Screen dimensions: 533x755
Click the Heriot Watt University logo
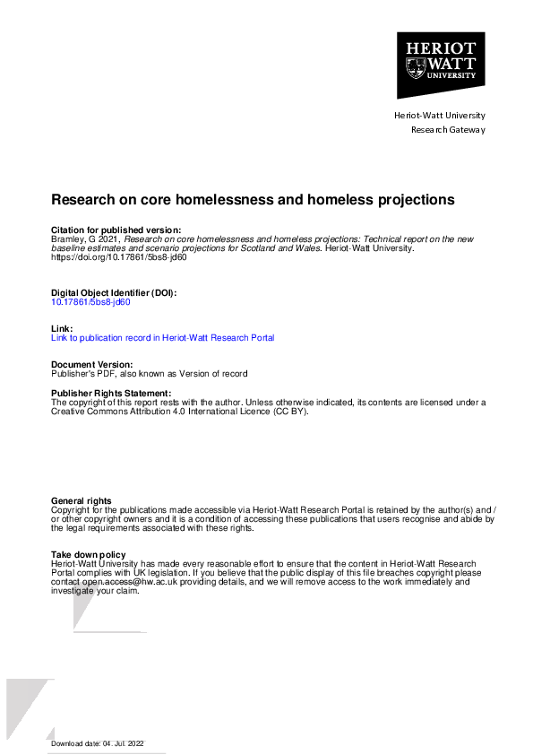441,65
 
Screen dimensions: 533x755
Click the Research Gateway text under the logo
448,130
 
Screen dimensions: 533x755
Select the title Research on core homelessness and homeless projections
254,199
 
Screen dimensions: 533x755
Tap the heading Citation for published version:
116,231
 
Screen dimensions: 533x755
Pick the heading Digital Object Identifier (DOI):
114,293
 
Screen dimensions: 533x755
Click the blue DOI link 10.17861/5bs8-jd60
90,302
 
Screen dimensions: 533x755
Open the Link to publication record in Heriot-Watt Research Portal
163,338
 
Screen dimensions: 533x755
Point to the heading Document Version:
92,365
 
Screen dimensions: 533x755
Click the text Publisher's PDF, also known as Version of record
149,374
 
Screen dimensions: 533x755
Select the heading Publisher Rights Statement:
111,394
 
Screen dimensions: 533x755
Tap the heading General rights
82,501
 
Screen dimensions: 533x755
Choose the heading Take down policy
89,555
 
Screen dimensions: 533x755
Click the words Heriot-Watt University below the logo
440,116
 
